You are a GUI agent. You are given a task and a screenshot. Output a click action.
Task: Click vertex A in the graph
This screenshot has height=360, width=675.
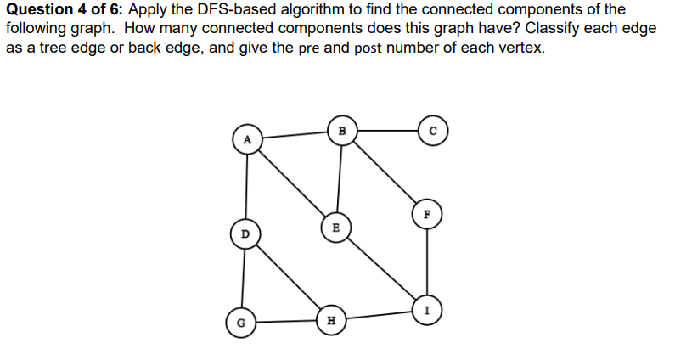[x=247, y=138]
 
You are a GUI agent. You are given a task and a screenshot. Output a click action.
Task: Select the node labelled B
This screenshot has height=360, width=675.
[x=341, y=131]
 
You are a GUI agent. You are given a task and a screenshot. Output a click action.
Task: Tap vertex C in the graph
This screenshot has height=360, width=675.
[x=432, y=131]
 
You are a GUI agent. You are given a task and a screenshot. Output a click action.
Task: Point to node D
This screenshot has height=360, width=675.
[x=245, y=232]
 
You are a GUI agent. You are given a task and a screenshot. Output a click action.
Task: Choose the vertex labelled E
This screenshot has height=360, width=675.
[x=335, y=227]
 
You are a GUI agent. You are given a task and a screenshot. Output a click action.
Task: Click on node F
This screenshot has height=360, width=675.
[x=426, y=214]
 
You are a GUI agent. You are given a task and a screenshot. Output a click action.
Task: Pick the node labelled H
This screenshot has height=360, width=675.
[x=330, y=321]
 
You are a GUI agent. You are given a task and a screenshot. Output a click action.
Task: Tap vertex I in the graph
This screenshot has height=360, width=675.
[x=426, y=309]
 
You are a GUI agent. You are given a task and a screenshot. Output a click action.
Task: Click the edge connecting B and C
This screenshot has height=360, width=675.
[x=386, y=131]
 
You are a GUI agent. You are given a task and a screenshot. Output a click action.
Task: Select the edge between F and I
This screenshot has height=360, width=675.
[x=426, y=262]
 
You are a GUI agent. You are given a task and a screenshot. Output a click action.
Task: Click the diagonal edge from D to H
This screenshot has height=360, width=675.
[x=288, y=277]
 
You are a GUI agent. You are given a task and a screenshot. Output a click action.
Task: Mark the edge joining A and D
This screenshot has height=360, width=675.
[x=246, y=185]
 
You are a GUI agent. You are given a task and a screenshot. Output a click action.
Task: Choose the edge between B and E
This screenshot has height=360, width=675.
[x=339, y=178]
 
